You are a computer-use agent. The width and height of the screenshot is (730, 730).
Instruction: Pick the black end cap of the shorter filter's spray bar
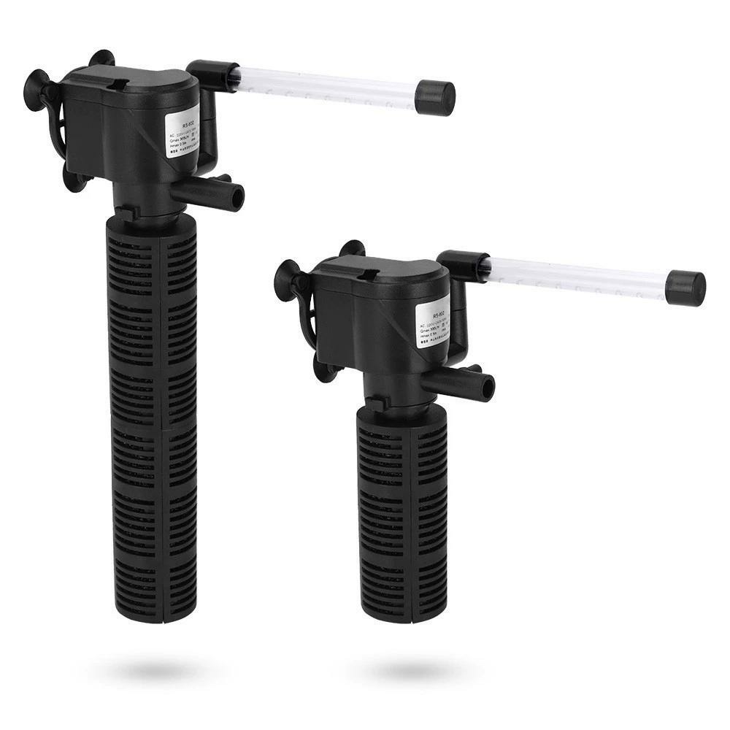tap(687, 288)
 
